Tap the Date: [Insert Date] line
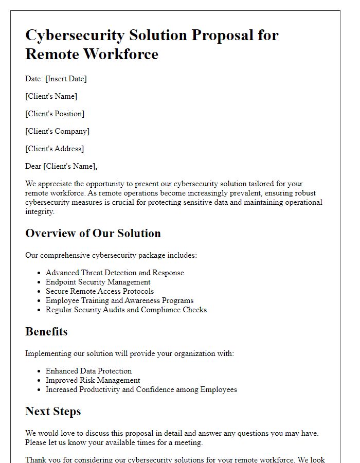click(56, 79)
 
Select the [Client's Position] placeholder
click(55, 114)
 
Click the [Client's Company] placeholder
click(57, 131)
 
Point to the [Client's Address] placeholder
click(55, 149)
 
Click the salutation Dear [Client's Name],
click(61, 166)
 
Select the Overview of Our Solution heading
click(93, 233)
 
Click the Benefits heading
click(46, 331)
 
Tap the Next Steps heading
click(53, 411)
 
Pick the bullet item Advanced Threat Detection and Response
click(115, 273)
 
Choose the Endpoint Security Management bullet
click(98, 282)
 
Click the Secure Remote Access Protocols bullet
click(100, 291)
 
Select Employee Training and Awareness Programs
click(120, 300)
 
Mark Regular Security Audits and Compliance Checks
click(126, 310)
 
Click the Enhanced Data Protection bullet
click(88, 371)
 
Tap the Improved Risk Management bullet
click(93, 380)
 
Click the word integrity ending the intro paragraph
click(40, 211)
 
